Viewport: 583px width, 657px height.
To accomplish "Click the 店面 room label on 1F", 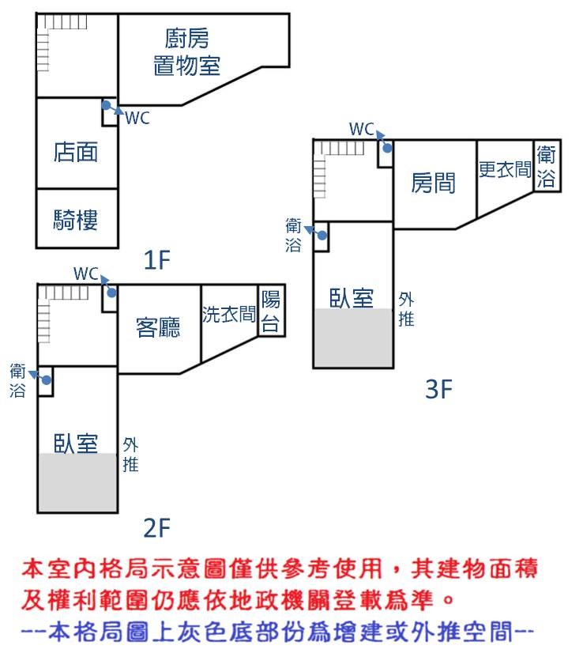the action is pyautogui.click(x=76, y=152).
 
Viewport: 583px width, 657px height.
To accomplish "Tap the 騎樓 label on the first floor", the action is pyautogui.click(x=76, y=220).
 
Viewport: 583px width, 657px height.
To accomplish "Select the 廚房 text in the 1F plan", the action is pyautogui.click(x=186, y=39).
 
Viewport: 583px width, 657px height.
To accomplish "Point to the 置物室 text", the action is pyautogui.click(x=186, y=66).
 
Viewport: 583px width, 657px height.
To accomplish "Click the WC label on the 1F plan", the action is pyautogui.click(x=137, y=118).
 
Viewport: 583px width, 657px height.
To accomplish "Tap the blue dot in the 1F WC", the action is pyautogui.click(x=107, y=104).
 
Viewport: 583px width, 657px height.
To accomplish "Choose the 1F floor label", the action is pyautogui.click(x=157, y=260).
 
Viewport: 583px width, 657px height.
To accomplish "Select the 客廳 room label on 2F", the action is pyautogui.click(x=158, y=327).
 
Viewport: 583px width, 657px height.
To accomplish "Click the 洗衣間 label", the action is pyautogui.click(x=229, y=314).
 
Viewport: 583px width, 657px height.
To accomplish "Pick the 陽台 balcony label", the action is pyautogui.click(x=271, y=312).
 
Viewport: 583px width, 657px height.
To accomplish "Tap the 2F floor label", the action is pyautogui.click(x=157, y=528).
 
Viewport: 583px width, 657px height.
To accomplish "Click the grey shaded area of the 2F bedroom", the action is pyautogui.click(x=77, y=481).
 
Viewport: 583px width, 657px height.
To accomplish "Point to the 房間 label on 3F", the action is pyautogui.click(x=433, y=183).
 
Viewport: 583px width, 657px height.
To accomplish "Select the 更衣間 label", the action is pyautogui.click(x=505, y=169).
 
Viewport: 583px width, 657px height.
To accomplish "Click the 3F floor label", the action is pyautogui.click(x=438, y=389).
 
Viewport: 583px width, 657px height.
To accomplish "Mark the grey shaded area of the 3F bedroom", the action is pyautogui.click(x=354, y=338).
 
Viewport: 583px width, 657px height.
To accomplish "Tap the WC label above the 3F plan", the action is pyautogui.click(x=362, y=129).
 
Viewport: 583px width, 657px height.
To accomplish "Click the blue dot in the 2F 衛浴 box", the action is pyautogui.click(x=47, y=380).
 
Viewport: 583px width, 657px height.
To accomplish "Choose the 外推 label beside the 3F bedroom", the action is pyautogui.click(x=406, y=309).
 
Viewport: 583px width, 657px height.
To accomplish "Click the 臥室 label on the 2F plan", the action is pyautogui.click(x=76, y=444).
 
